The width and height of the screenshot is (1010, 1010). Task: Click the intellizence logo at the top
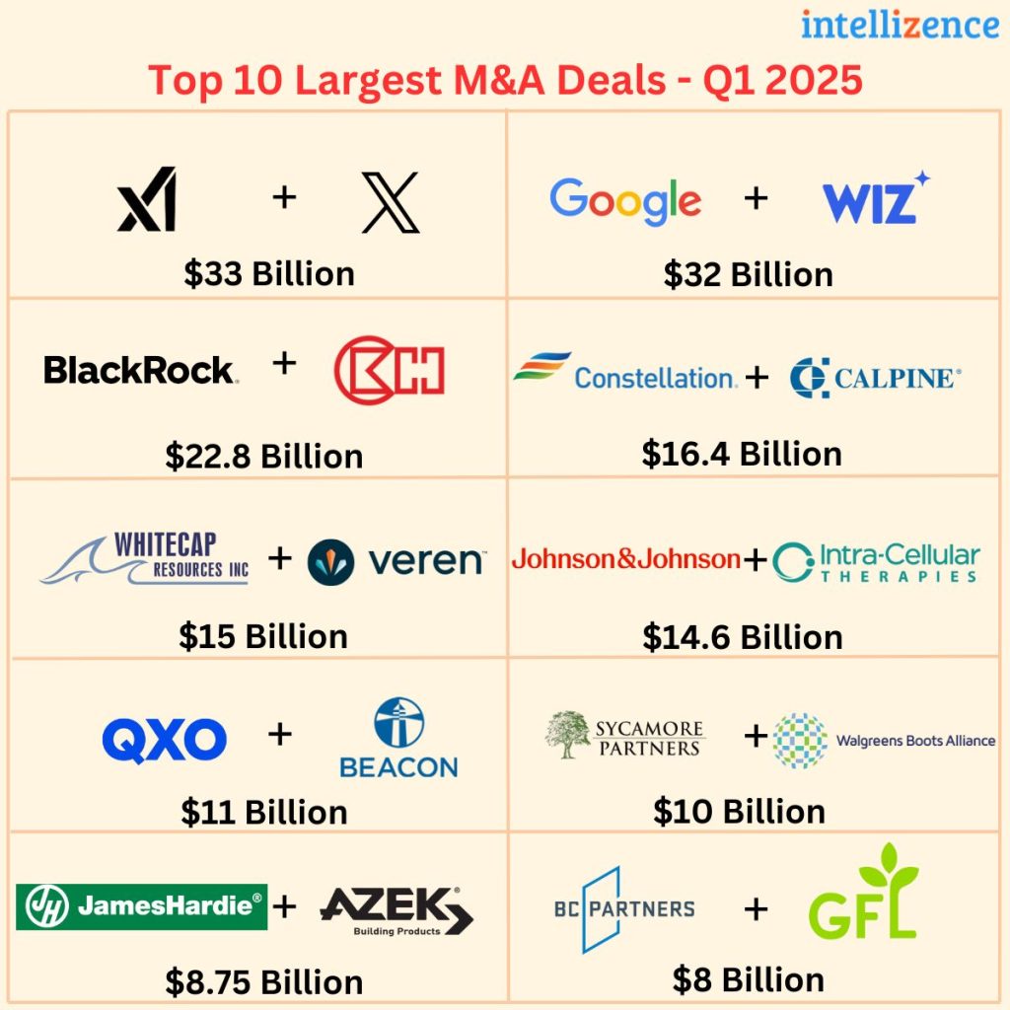pyautogui.click(x=900, y=24)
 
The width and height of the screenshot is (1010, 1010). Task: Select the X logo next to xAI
pyautogui.click(x=390, y=201)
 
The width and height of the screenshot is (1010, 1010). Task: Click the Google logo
pyautogui.click(x=625, y=200)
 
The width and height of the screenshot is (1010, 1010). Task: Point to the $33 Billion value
pyautogui.click(x=268, y=273)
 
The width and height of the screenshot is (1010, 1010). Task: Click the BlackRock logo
pyautogui.click(x=140, y=370)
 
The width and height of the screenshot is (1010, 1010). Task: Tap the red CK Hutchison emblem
pyautogui.click(x=389, y=370)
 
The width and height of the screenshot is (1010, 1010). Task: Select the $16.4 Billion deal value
pyautogui.click(x=742, y=453)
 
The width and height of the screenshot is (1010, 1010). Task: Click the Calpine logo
pyautogui.click(x=875, y=378)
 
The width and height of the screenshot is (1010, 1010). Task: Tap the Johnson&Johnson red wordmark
pyautogui.click(x=625, y=560)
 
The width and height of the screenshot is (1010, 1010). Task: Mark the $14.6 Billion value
pyautogui.click(x=742, y=636)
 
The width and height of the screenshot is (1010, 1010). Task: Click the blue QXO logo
pyautogui.click(x=164, y=741)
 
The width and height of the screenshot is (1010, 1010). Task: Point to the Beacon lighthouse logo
pyautogui.click(x=398, y=738)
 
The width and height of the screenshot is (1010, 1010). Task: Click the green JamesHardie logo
pyautogui.click(x=141, y=906)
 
